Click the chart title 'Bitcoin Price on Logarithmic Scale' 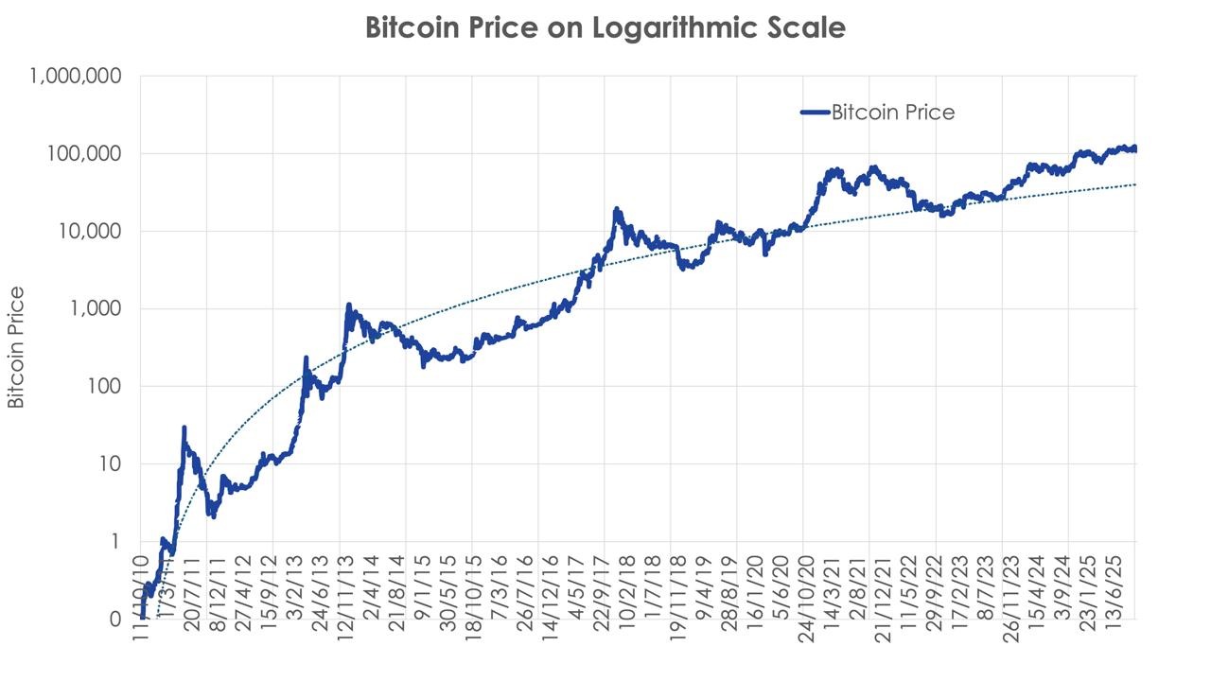click(605, 27)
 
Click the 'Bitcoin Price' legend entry click(892, 112)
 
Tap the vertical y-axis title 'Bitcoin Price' click(16, 348)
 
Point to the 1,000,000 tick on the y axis click(75, 76)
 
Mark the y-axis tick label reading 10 click(110, 463)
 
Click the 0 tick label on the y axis click(115, 619)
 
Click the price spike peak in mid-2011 click(184, 428)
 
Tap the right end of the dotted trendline click(1134, 184)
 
